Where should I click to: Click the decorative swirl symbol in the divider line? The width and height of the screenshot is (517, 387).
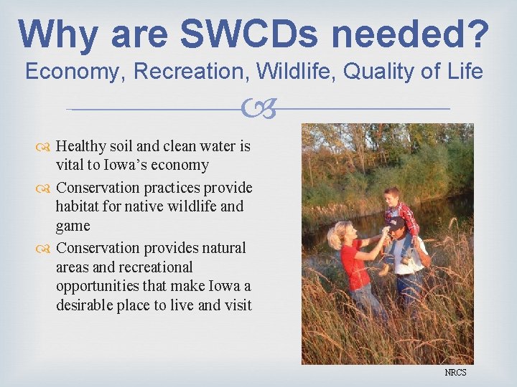click(258, 109)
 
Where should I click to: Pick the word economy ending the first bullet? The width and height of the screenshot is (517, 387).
click(184, 166)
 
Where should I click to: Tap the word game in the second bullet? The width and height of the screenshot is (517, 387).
click(73, 226)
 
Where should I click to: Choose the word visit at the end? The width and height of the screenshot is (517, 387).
click(237, 305)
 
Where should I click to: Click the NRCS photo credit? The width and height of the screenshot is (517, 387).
click(455, 373)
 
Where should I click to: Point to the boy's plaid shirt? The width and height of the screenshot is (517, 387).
click(403, 216)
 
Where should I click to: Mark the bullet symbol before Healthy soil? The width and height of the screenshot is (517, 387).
click(45, 147)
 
